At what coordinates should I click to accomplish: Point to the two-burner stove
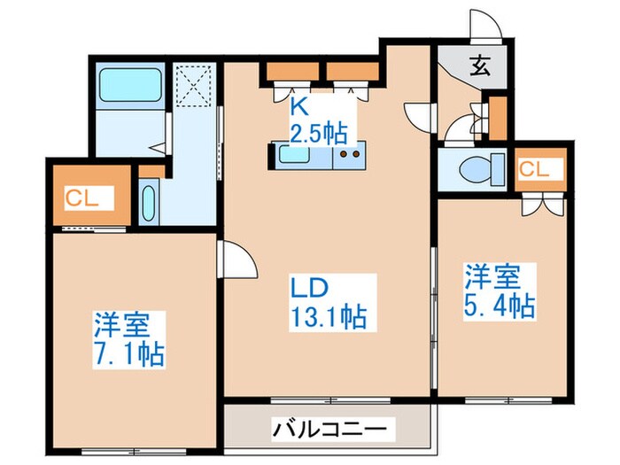(x=348, y=157)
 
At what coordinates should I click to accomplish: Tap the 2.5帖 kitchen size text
(x=318, y=134)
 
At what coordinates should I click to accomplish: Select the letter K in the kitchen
(x=300, y=108)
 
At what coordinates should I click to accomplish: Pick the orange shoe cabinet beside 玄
(x=498, y=118)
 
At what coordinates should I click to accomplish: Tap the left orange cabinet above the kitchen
(x=286, y=74)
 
